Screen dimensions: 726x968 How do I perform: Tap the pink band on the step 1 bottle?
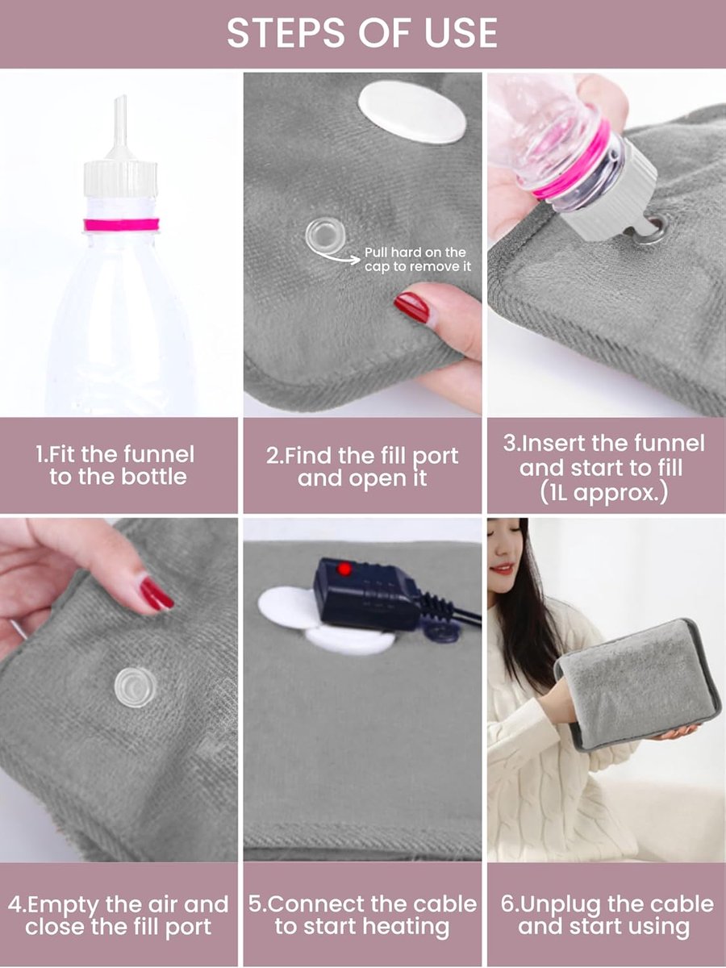(122, 224)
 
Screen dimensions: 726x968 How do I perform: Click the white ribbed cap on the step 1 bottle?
(120, 178)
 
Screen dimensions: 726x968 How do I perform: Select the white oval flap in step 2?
(412, 114)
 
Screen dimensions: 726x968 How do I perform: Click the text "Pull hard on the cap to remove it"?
(417, 259)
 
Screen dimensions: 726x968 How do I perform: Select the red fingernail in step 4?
(157, 594)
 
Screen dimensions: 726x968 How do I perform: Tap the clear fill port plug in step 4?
(136, 687)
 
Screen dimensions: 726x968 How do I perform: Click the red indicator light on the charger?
(344, 569)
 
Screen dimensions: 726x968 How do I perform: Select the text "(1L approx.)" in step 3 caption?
(604, 493)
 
